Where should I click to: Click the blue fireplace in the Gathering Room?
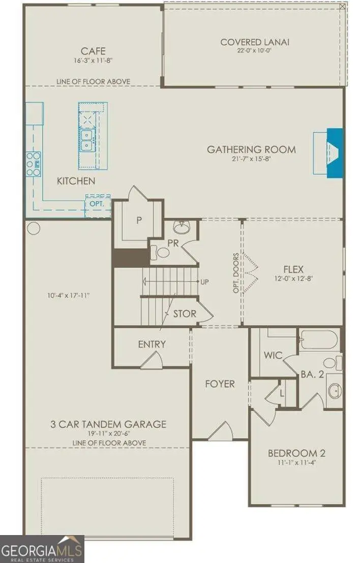click(335, 152)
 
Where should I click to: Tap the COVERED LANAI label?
click(255, 42)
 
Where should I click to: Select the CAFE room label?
click(93, 51)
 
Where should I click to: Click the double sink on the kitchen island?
click(86, 140)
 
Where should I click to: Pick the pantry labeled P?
click(138, 220)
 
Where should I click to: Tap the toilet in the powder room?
click(161, 253)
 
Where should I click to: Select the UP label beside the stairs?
click(204, 282)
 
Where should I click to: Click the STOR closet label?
click(185, 314)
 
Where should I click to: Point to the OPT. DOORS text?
click(236, 273)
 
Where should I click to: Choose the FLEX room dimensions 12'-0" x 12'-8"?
click(293, 278)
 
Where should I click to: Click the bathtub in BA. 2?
click(319, 339)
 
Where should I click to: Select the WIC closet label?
click(273, 356)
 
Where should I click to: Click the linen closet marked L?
click(282, 393)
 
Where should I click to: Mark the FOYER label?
click(220, 384)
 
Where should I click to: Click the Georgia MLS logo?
click(42, 549)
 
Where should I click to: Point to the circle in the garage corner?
click(34, 228)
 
